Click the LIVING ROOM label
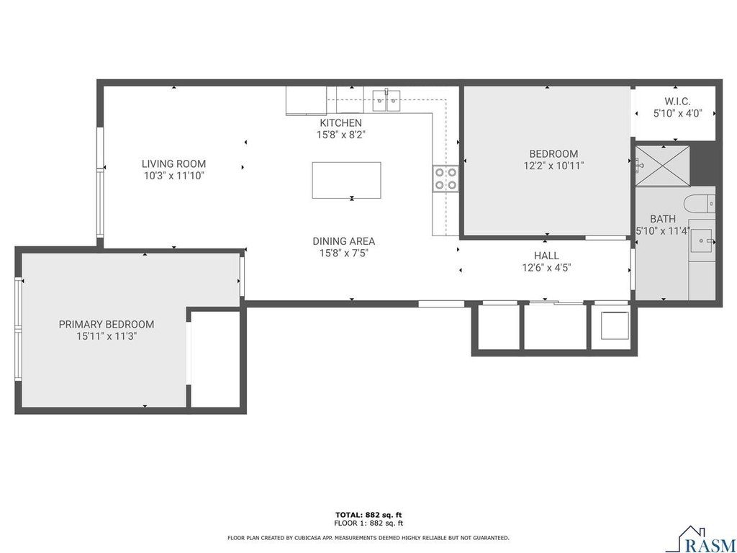pyautogui.click(x=174, y=164)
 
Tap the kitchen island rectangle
pyautogui.click(x=346, y=180)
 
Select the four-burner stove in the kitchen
pyautogui.click(x=446, y=179)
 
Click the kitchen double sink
pyautogui.click(x=386, y=100)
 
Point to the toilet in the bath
pyautogui.click(x=700, y=204)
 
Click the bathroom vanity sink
pyautogui.click(x=702, y=240)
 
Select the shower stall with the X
pyautogui.click(x=663, y=166)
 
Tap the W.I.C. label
pyautogui.click(x=677, y=101)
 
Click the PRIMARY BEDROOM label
pyautogui.click(x=107, y=325)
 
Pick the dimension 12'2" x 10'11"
pyautogui.click(x=553, y=166)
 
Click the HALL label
pyautogui.click(x=546, y=256)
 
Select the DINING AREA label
pyautogui.click(x=343, y=241)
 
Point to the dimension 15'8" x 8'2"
pyautogui.click(x=340, y=135)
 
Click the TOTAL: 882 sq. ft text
pyautogui.click(x=368, y=515)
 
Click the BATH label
pyautogui.click(x=663, y=219)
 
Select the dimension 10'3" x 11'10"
pyautogui.click(x=174, y=176)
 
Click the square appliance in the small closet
pyautogui.click(x=615, y=325)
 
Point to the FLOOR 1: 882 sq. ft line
pyautogui.click(x=368, y=523)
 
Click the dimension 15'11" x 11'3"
pyautogui.click(x=107, y=337)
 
